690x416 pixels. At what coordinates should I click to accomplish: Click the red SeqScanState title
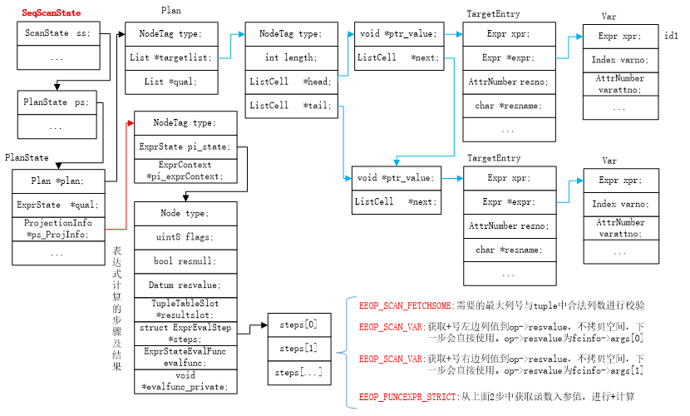(x=51, y=12)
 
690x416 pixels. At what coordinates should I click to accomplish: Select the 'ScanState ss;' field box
(x=58, y=33)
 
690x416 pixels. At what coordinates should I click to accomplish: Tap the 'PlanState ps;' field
(x=57, y=102)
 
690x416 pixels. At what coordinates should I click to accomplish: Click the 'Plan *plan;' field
(x=58, y=181)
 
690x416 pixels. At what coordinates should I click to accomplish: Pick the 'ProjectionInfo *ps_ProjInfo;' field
(x=58, y=229)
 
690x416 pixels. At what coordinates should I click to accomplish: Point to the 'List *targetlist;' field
(x=171, y=57)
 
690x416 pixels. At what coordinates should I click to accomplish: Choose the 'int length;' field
(x=291, y=57)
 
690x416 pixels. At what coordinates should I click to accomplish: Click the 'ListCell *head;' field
(x=291, y=82)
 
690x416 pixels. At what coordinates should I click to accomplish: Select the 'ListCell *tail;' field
(x=291, y=106)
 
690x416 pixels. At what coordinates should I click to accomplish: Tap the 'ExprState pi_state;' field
(x=185, y=147)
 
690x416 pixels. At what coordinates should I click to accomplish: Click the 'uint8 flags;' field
(x=185, y=237)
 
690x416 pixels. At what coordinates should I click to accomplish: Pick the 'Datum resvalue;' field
(x=185, y=285)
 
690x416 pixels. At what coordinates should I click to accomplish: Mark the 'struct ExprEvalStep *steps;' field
(x=185, y=334)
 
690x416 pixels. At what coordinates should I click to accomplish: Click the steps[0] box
(x=299, y=324)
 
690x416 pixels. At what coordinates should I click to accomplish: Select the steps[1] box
(x=299, y=349)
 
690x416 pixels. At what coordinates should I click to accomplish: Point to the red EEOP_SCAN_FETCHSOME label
(x=405, y=305)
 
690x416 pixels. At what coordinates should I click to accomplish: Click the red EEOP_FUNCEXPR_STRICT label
(x=407, y=397)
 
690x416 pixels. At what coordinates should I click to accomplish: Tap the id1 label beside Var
(x=671, y=36)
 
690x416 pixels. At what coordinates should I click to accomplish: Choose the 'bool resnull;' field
(x=185, y=261)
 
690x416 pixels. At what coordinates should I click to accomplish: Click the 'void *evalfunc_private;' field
(x=185, y=382)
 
